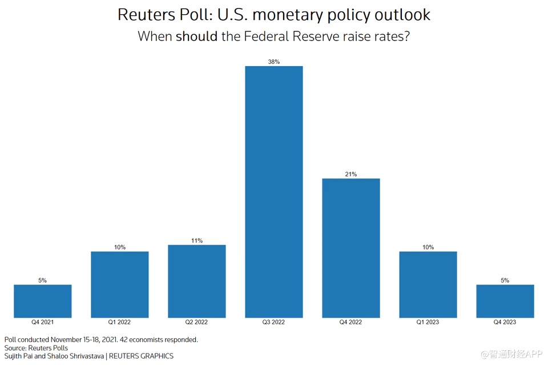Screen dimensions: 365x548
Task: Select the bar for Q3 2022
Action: (274, 192)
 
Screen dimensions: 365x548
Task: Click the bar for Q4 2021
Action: (43, 301)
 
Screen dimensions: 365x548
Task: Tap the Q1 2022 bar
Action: (120, 285)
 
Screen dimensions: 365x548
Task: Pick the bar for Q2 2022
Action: (197, 281)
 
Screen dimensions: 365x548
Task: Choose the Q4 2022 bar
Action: (351, 248)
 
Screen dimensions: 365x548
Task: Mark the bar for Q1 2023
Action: (428, 285)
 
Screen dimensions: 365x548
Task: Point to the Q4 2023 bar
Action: (505, 301)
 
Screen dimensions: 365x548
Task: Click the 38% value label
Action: (274, 62)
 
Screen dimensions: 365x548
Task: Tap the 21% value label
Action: (351, 174)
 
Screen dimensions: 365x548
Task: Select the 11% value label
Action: (197, 241)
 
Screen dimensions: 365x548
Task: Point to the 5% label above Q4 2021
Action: (43, 280)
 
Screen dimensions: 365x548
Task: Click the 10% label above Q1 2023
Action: (428, 247)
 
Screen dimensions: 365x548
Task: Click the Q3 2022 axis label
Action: (274, 322)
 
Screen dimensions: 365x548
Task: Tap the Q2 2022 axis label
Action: (197, 322)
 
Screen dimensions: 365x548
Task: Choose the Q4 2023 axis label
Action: (505, 322)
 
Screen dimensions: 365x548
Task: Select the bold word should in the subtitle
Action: (196, 36)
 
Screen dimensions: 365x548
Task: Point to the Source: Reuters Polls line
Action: (36, 348)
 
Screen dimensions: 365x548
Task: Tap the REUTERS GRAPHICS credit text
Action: (141, 356)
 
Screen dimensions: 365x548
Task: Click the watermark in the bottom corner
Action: (511, 355)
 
